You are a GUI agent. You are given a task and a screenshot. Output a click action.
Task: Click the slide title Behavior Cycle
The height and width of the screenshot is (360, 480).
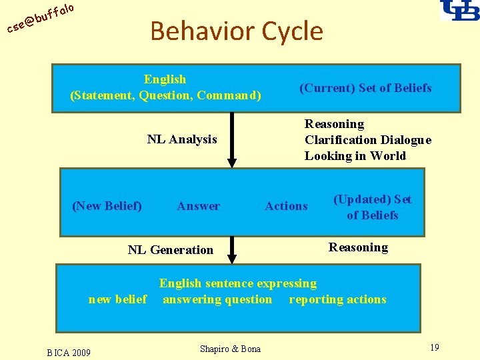(x=237, y=31)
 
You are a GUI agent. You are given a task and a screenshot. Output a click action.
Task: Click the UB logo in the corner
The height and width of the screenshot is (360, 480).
(x=459, y=11)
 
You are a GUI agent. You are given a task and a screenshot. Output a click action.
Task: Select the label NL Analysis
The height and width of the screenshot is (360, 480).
(x=182, y=139)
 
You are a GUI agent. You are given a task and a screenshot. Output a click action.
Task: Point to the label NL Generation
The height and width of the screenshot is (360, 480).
(x=171, y=250)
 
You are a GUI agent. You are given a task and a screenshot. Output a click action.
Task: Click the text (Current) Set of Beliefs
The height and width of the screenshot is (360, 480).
(x=365, y=88)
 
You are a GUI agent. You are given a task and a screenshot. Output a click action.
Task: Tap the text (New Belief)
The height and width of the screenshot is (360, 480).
(x=107, y=206)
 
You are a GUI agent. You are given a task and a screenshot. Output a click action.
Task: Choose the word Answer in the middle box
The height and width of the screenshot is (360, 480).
(x=198, y=206)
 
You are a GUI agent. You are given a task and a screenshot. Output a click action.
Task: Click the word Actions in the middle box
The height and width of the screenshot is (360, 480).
(x=287, y=206)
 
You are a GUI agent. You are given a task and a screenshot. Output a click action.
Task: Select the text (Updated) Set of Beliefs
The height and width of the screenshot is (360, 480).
(x=372, y=207)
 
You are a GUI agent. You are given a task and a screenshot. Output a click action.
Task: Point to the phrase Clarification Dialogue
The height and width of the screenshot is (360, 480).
(x=368, y=140)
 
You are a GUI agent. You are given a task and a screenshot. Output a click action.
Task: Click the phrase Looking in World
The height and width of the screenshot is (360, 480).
(x=355, y=156)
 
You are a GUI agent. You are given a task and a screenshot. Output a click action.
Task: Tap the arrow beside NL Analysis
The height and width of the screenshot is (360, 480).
(x=232, y=140)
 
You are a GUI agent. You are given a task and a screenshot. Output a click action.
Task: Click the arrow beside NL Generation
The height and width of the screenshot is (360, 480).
(x=232, y=250)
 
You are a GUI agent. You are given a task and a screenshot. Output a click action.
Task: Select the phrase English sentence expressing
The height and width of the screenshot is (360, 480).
(x=238, y=283)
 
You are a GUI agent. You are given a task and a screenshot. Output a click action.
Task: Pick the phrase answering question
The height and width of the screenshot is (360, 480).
(x=217, y=299)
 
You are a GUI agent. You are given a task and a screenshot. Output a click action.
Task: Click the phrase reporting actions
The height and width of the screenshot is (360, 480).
(x=337, y=299)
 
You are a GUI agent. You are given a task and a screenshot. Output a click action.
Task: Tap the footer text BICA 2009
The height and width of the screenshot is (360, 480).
(x=69, y=351)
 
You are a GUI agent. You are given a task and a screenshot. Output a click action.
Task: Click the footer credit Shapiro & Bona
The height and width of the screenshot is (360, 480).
(x=230, y=349)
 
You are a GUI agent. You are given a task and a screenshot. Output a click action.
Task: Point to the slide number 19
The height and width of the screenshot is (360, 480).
(x=434, y=347)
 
